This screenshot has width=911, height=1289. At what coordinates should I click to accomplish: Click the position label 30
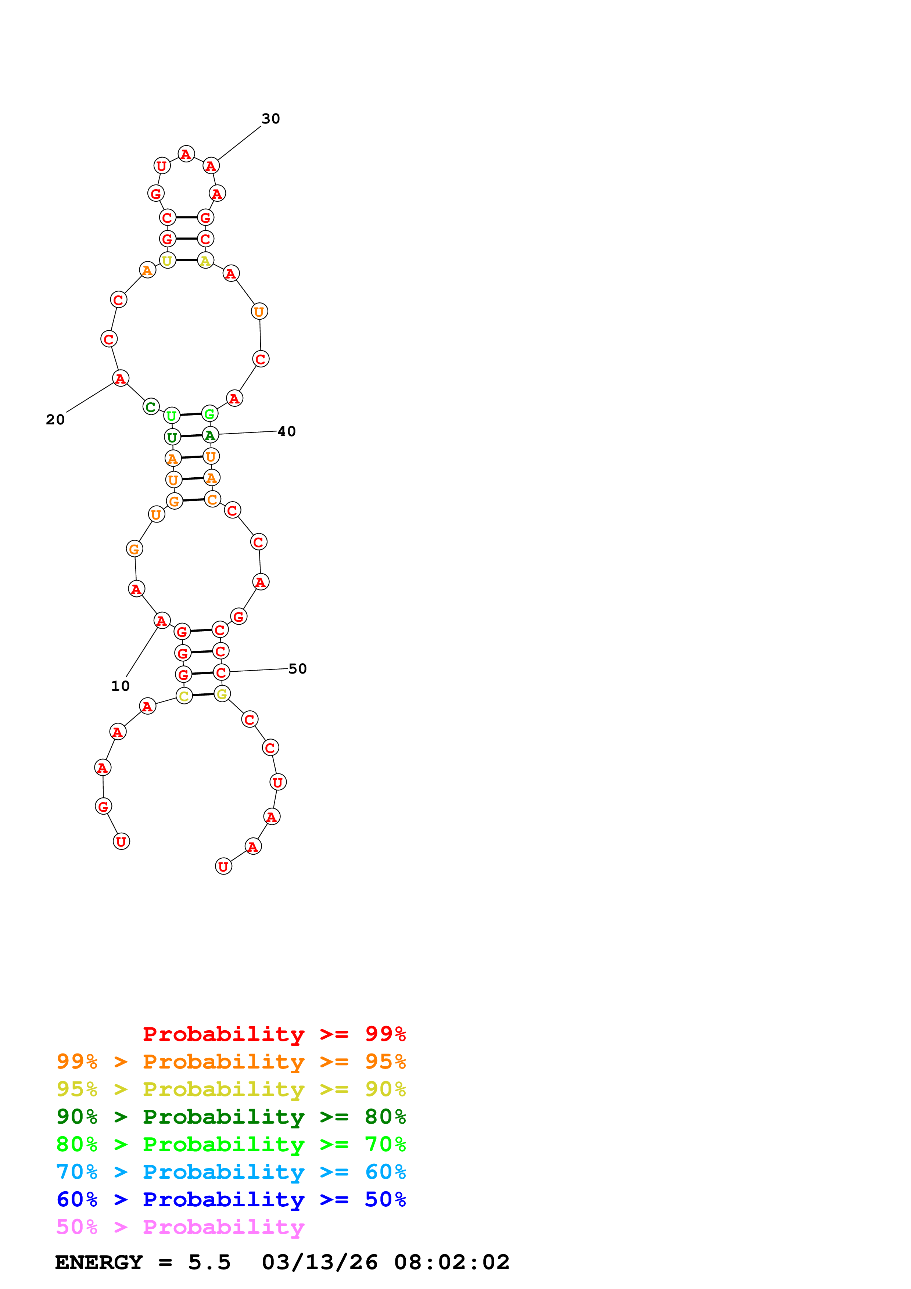pyautogui.click(x=270, y=118)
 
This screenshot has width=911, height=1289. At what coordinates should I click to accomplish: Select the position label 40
pyautogui.click(x=286, y=431)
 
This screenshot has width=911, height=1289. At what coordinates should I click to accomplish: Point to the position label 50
pyautogui.click(x=298, y=669)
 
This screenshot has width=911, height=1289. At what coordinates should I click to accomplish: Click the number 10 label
pyautogui.click(x=120, y=686)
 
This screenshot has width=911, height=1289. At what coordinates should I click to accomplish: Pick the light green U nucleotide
pyautogui.click(x=172, y=416)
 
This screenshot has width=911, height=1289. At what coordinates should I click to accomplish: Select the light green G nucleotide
pyautogui.click(x=209, y=414)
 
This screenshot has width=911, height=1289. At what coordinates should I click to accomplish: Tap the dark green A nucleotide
pyautogui.click(x=210, y=435)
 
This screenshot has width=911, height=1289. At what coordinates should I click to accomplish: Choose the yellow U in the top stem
pyautogui.click(x=167, y=261)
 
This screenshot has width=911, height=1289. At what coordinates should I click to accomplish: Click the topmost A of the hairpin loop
pyautogui.click(x=186, y=154)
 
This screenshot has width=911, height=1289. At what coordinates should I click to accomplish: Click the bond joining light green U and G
pyautogui.click(x=191, y=415)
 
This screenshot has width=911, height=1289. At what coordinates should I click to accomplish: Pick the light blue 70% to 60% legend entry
pyautogui.click(x=231, y=1172)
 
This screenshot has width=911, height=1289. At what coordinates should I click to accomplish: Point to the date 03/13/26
pyautogui.click(x=319, y=1262)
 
